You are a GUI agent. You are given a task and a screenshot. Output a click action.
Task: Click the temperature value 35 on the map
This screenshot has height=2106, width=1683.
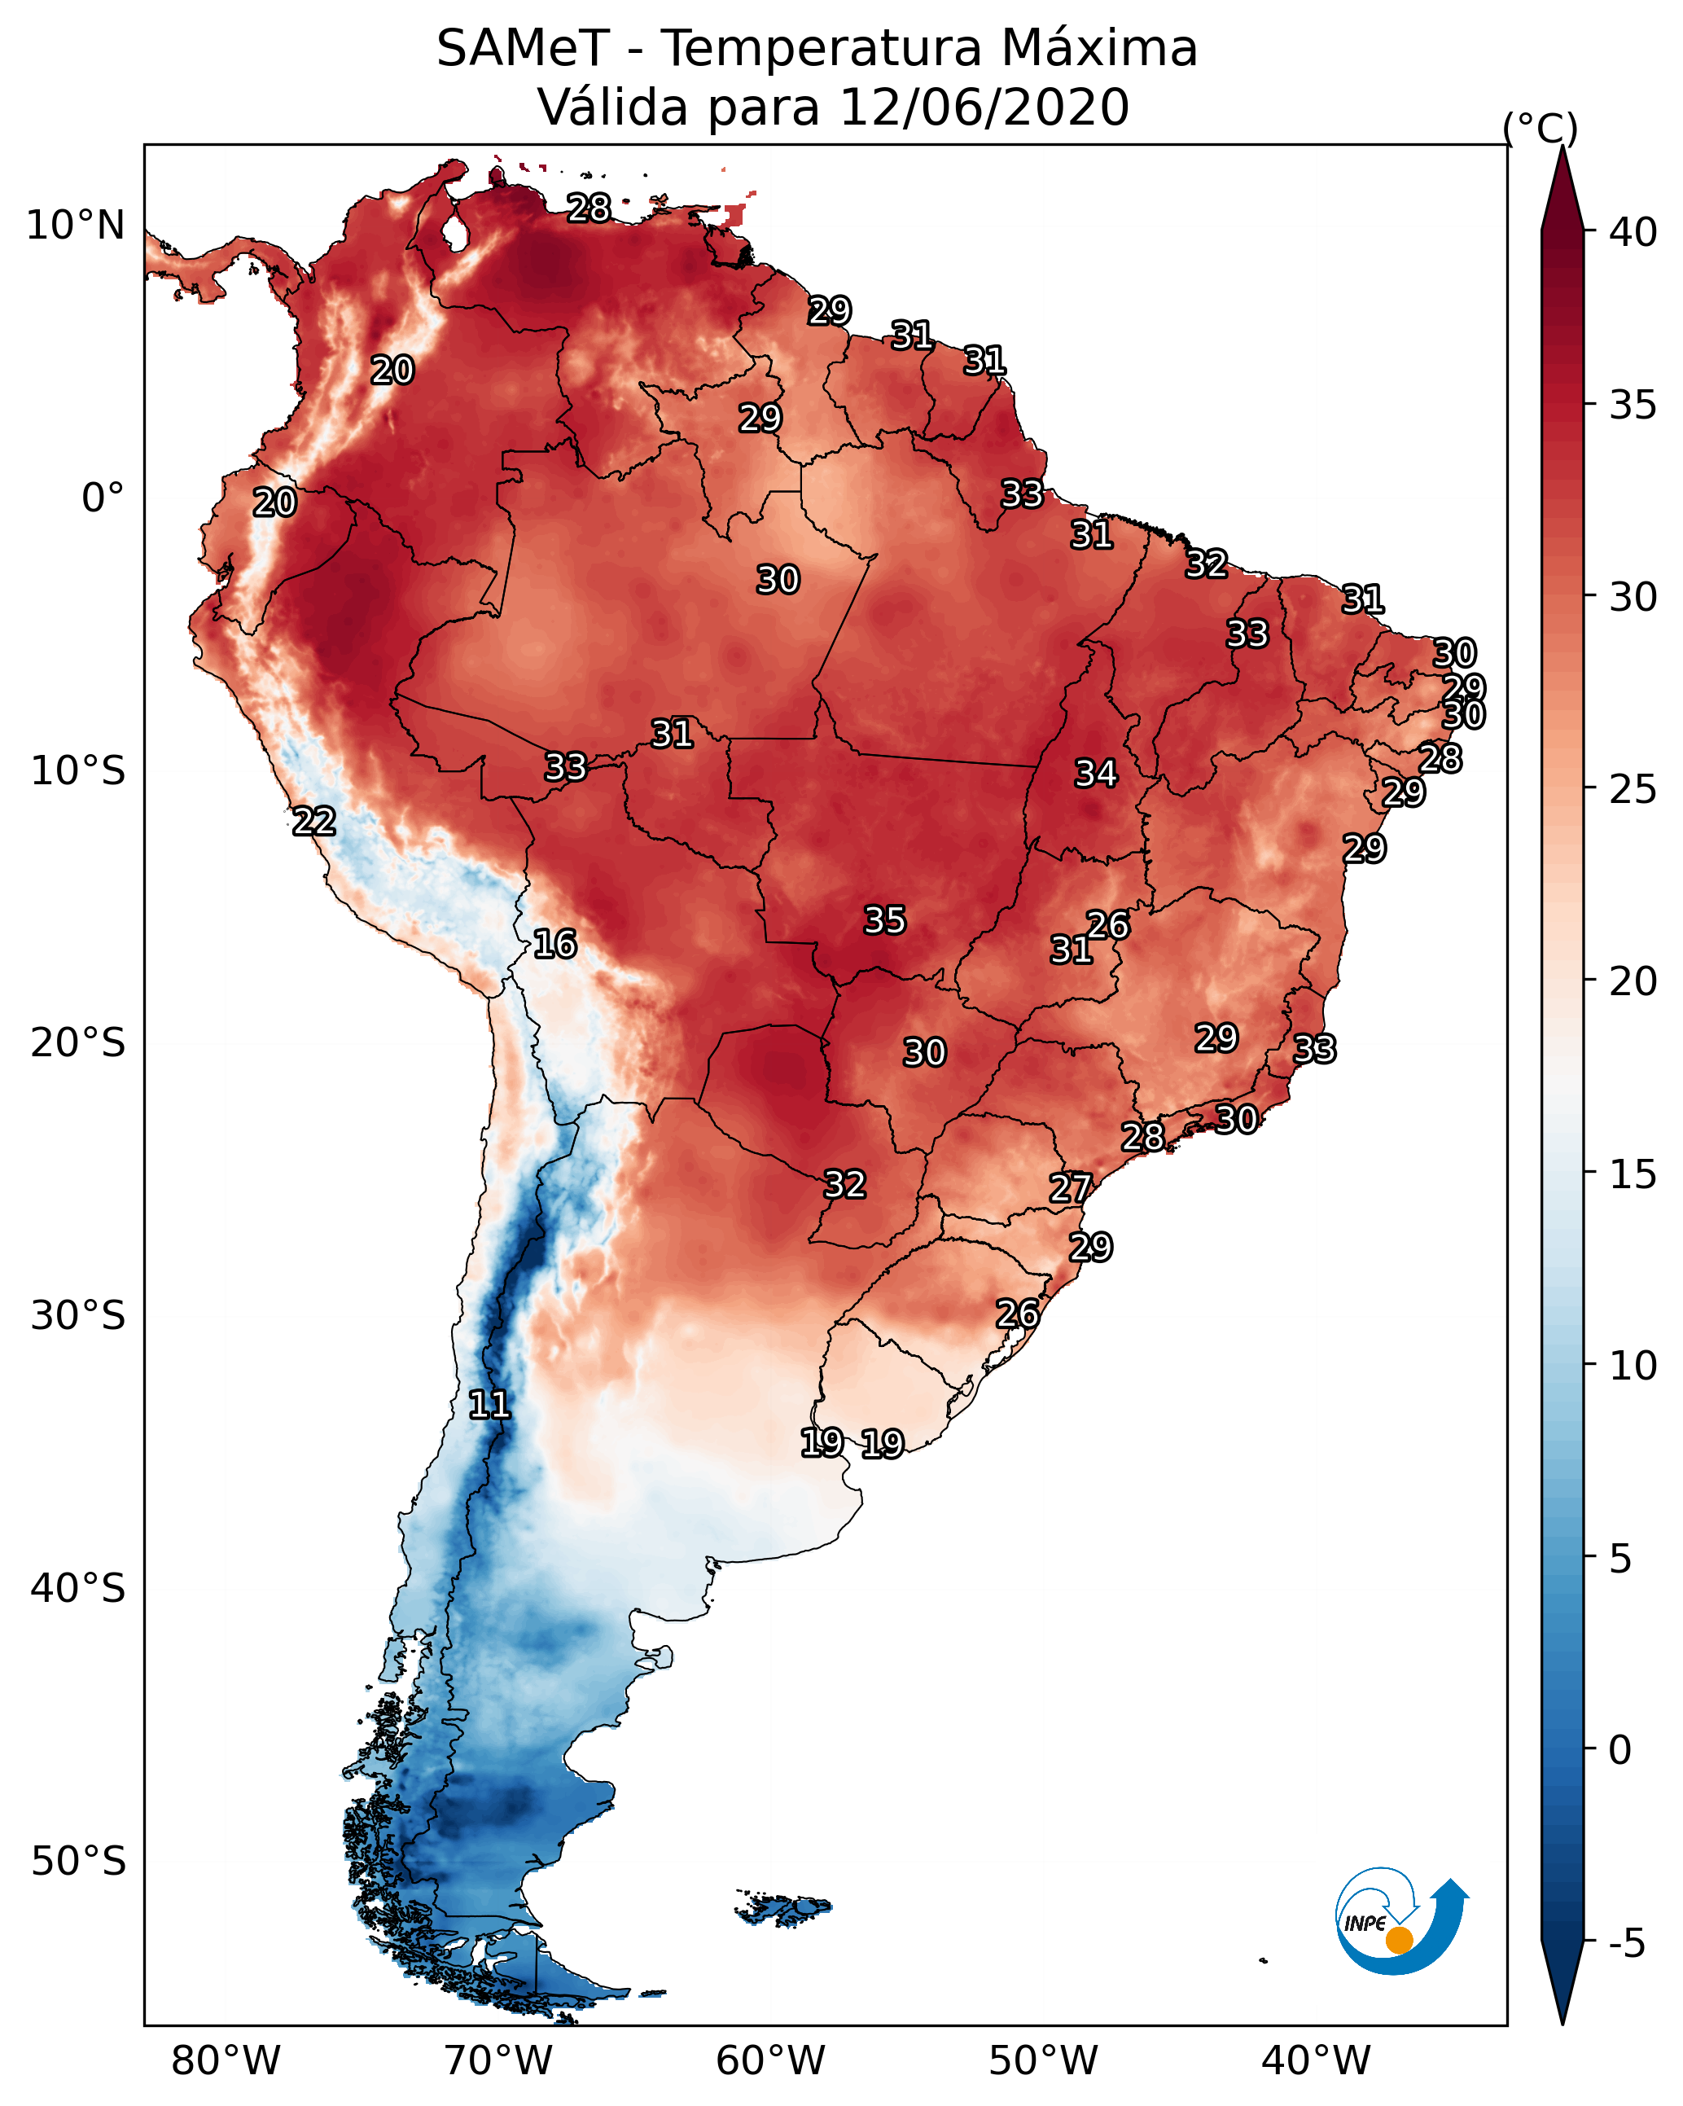[885, 920]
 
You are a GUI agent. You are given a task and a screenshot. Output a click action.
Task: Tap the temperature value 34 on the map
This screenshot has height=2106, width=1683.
[1096, 774]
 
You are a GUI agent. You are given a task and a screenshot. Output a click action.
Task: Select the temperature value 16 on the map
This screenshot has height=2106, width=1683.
[554, 944]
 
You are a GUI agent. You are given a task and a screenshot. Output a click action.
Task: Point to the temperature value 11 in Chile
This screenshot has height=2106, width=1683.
[489, 1405]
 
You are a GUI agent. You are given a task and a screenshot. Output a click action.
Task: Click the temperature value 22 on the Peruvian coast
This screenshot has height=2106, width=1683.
[314, 822]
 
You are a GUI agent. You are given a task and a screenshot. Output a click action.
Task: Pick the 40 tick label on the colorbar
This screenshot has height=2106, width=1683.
[1633, 232]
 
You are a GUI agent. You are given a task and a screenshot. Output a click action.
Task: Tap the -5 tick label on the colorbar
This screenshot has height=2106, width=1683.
[1626, 1944]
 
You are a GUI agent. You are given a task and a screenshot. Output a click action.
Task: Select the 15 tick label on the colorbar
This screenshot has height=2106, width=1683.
[1633, 1174]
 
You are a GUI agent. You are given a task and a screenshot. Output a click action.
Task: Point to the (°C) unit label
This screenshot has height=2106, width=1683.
[1541, 128]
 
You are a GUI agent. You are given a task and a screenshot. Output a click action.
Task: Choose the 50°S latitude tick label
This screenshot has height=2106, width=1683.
[78, 1862]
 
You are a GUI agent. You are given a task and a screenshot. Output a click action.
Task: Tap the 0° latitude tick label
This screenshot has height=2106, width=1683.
[103, 498]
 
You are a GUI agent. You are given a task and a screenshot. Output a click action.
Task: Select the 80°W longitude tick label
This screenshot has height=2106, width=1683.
[226, 2061]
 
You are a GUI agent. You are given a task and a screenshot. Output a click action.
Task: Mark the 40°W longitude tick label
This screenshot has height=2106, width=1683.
[1316, 2061]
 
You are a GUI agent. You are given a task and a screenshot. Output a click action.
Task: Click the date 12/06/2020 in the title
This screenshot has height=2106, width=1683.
[984, 107]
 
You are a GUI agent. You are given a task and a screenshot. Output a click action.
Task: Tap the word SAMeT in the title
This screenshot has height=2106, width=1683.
[523, 49]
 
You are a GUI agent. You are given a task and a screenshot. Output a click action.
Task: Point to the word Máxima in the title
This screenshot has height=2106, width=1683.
[1099, 49]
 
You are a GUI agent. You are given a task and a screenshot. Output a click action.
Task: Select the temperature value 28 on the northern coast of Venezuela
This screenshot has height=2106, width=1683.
[589, 208]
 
